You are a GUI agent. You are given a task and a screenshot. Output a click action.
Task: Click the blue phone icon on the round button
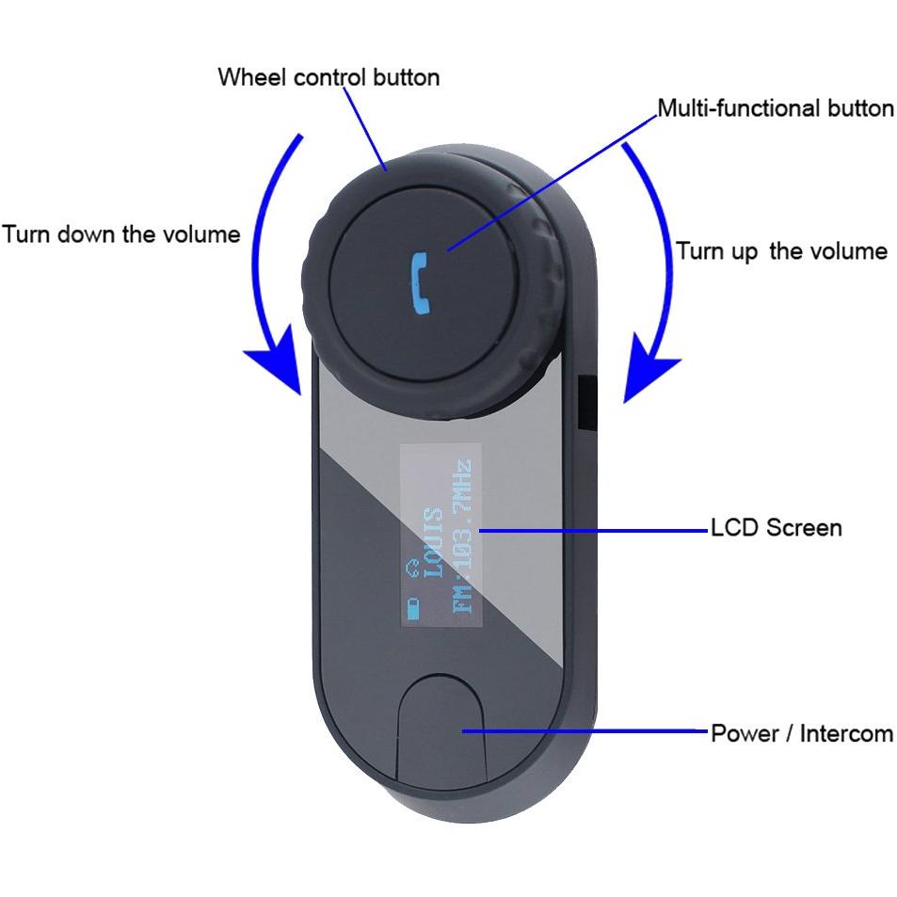click(421, 283)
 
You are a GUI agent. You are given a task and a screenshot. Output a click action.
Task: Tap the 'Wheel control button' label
click(328, 78)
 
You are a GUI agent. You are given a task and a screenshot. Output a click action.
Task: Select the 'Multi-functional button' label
click(776, 108)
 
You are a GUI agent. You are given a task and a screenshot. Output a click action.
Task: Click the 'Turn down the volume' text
click(121, 234)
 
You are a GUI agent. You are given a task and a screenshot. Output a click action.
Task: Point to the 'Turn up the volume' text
click(781, 251)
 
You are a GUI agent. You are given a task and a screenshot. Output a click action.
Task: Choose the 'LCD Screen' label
click(777, 527)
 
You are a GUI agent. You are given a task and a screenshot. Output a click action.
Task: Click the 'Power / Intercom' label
click(802, 733)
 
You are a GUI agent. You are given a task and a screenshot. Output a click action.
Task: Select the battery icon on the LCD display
click(412, 608)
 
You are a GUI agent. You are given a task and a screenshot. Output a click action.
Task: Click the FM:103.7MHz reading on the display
click(462, 536)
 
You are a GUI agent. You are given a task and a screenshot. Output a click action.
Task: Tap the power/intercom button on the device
click(441, 727)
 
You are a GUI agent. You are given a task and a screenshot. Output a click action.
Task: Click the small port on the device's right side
click(587, 402)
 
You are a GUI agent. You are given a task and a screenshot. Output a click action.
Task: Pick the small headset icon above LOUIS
click(412, 569)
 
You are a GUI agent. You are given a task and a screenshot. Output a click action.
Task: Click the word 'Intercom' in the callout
click(847, 733)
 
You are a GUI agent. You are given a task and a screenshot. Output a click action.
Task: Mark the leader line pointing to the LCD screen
click(594, 531)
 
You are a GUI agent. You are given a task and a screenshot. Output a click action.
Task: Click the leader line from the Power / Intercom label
click(585, 730)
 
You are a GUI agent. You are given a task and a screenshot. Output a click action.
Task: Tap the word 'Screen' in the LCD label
click(805, 527)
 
